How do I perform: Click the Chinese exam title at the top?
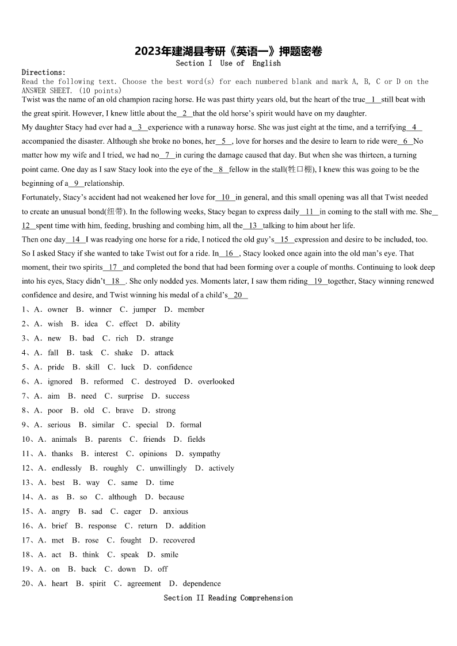pyautogui.click(x=228, y=51)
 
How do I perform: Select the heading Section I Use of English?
pyautogui.click(x=228, y=63)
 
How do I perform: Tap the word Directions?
pyautogui.click(x=43, y=72)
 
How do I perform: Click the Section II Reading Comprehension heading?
pyautogui.click(x=228, y=598)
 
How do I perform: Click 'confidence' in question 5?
pyautogui.click(x=174, y=367)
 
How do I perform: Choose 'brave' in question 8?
pyautogui.click(x=124, y=410)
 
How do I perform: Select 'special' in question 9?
pyautogui.click(x=147, y=425)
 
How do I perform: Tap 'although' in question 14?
pyautogui.click(x=123, y=497)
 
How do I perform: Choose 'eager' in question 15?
pyautogui.click(x=132, y=511)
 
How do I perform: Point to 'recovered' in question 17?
pyautogui.click(x=179, y=540)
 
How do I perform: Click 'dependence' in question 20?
pyautogui.click(x=201, y=583)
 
